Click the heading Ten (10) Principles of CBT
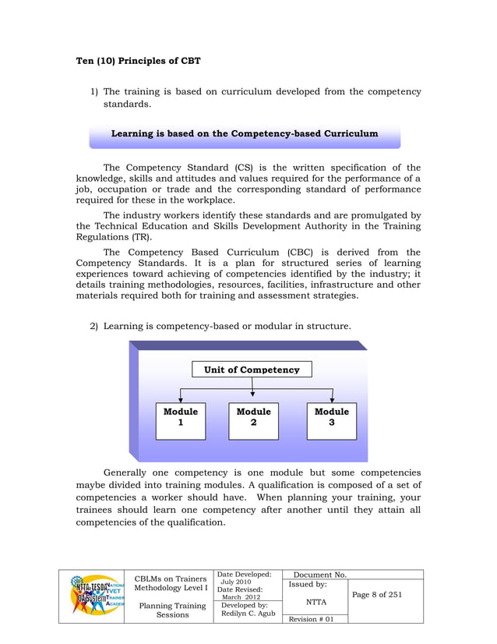tap(139, 60)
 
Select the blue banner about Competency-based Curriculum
tap(245, 134)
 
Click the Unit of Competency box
tap(252, 370)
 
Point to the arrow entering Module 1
tap(181, 396)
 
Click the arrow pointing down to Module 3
tap(333, 396)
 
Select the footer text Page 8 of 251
tap(377, 595)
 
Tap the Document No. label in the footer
tap(319, 575)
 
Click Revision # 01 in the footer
tap(311, 619)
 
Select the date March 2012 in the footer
tap(241, 597)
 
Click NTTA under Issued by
tap(315, 602)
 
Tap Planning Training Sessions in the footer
tap(172, 610)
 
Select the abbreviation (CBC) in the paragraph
tap(317, 252)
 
